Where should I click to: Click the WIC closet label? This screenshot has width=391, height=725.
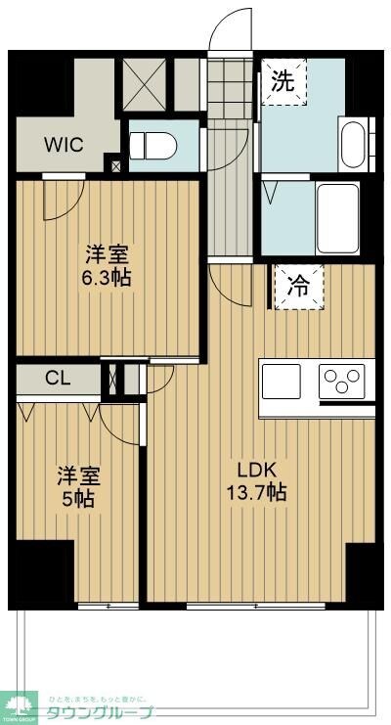(64, 144)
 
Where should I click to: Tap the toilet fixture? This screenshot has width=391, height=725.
(153, 147)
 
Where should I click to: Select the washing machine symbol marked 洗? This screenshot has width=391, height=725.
(282, 83)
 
